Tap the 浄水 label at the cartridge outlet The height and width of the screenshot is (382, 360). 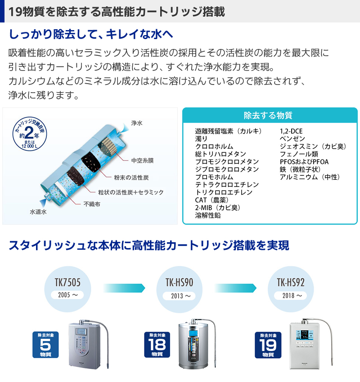(136, 123)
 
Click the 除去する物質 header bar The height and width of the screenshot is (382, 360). (270, 115)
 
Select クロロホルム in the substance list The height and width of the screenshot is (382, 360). (214, 147)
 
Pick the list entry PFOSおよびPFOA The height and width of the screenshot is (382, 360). (304, 162)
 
